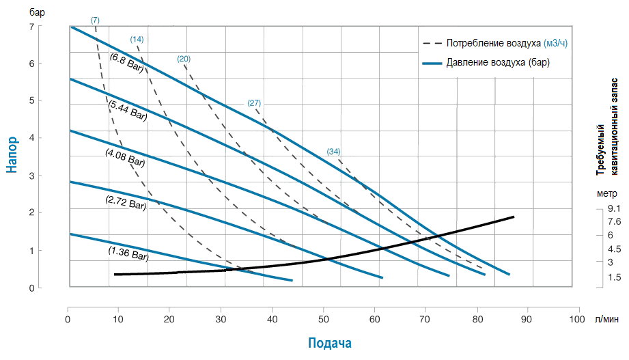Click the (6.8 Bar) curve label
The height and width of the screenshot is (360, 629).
coord(126,64)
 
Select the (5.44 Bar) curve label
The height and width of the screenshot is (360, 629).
coord(128,110)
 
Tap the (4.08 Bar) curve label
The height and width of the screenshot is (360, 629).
coord(125,158)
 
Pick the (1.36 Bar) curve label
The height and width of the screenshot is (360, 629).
coord(128,253)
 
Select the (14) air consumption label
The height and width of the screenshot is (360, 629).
coord(137,40)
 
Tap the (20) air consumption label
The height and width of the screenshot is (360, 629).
coord(183,59)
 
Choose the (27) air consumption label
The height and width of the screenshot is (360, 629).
coord(254,103)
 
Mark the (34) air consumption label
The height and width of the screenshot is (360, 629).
coord(333,151)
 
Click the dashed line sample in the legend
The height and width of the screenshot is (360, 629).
coord(432,44)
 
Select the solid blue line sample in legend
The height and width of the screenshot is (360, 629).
coord(432,63)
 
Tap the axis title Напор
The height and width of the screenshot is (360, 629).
coord(13,153)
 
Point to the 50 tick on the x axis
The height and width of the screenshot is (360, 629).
coord(322,320)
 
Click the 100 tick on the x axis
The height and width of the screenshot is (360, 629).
coord(577,320)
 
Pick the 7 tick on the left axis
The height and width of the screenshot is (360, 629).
coord(31,27)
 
